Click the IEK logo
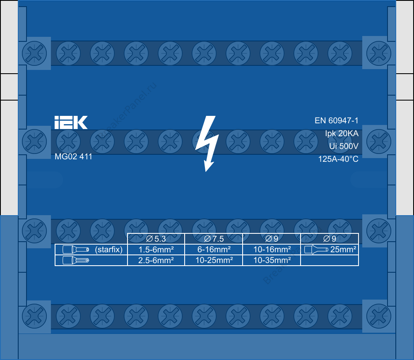coord(71,122)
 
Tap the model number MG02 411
coord(73,157)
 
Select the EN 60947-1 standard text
coord(336,121)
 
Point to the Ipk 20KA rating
coord(342,134)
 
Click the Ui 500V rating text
coord(343,146)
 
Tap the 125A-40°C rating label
coord(338,159)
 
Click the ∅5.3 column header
coord(156,239)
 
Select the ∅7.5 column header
coord(214,239)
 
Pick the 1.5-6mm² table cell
coord(156,250)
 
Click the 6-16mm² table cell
coord(214,250)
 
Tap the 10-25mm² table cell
coord(214,260)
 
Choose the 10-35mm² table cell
coord(272,260)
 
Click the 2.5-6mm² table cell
coord(156,260)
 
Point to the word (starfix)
coord(108,250)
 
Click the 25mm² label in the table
coord(343,250)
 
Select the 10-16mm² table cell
coord(272,250)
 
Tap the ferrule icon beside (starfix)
coord(75,250)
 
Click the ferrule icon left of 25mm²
coord(316,250)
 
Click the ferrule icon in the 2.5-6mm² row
coord(75,260)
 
